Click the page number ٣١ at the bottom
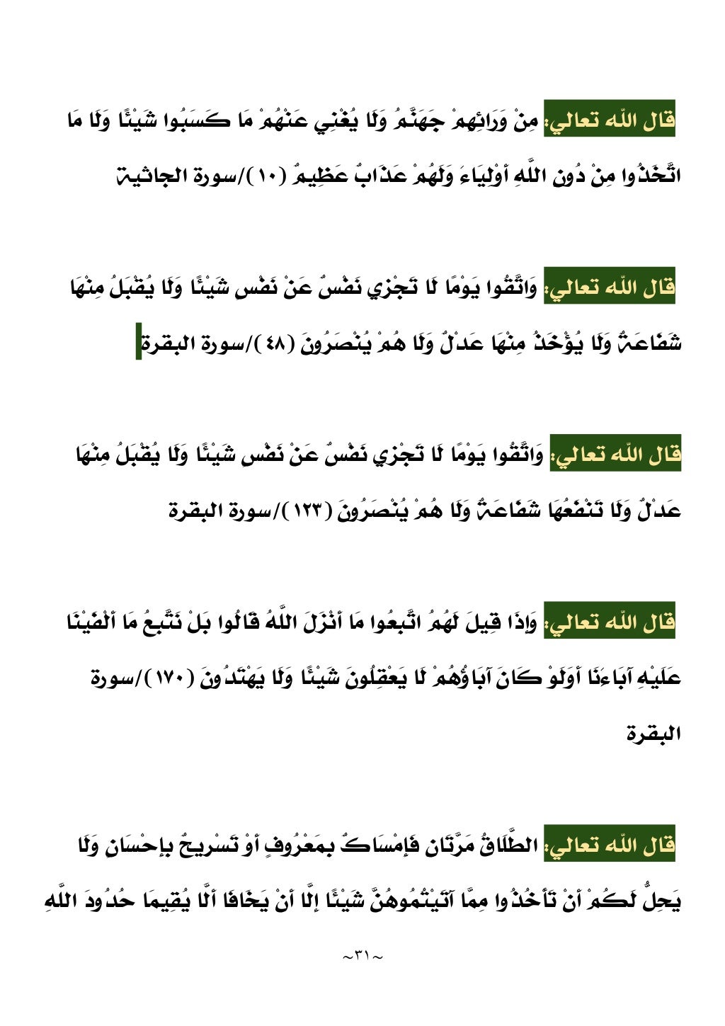pos(362,956)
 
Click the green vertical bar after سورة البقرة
pos(139,341)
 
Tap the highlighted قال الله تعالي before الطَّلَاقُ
pos(610,845)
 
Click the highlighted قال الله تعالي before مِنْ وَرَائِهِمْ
pos(610,120)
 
